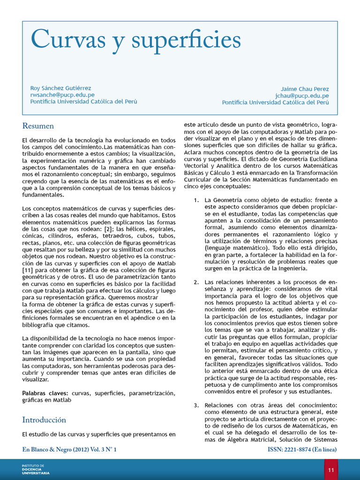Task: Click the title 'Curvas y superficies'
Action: click(135, 41)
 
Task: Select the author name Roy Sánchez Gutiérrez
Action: click(60, 88)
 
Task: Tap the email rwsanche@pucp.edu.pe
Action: click(62, 95)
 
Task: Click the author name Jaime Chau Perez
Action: click(305, 89)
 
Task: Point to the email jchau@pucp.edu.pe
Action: click(302, 96)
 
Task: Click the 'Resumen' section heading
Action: click(38, 126)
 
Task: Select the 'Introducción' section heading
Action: click(44, 420)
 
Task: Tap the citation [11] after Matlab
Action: click(28, 270)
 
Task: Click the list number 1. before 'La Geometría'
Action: click(196, 200)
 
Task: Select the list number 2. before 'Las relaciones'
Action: click(196, 282)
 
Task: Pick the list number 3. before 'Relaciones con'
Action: click(196, 405)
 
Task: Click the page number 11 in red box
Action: click(331, 470)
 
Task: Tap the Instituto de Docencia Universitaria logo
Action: click(36, 469)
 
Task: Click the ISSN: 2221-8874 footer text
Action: click(302, 450)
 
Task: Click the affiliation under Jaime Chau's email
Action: click(276, 102)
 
